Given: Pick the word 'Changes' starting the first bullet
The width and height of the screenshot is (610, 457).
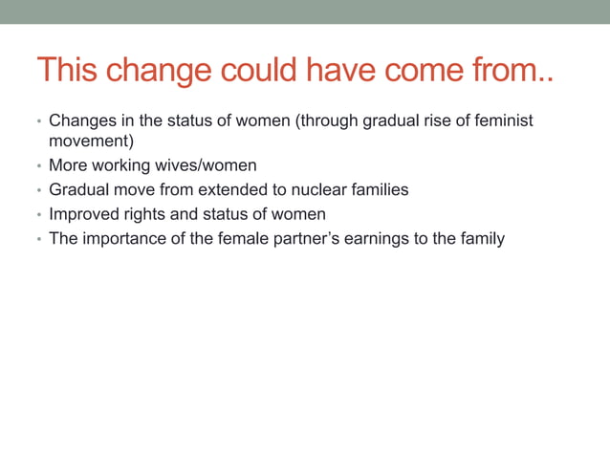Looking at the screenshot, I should [x=80, y=121].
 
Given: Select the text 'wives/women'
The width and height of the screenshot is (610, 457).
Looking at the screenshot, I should [x=212, y=165].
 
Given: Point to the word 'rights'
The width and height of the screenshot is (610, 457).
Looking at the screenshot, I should [x=143, y=214].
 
